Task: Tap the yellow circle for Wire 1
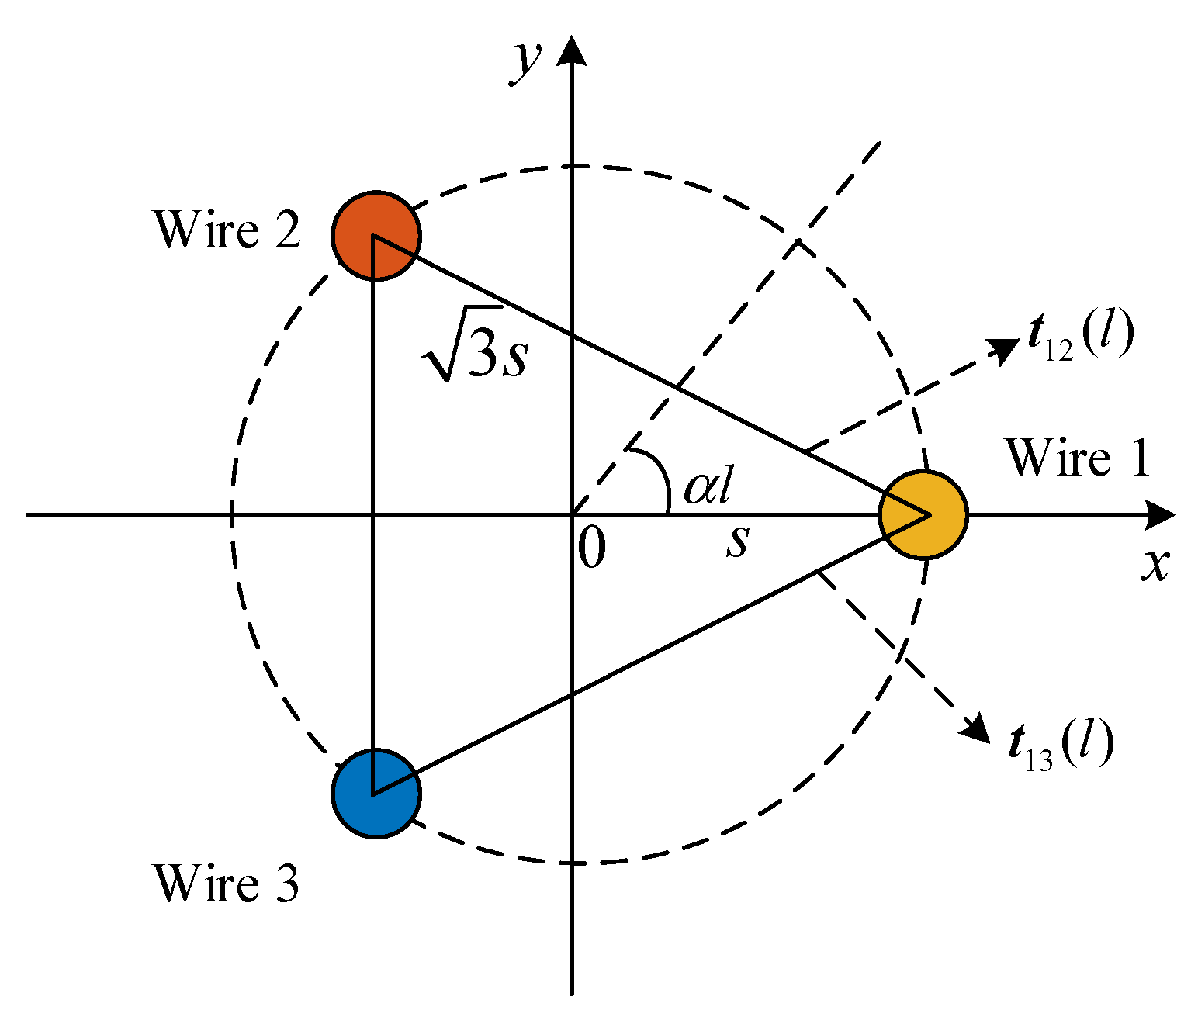pyautogui.click(x=923, y=514)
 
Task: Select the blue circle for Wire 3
pyautogui.click(x=376, y=793)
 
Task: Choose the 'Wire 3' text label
pyautogui.click(x=226, y=883)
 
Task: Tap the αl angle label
pyautogui.click(x=708, y=487)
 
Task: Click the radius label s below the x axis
pyautogui.click(x=738, y=540)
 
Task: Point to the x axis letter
pyautogui.click(x=1155, y=565)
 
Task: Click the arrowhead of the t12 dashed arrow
pyautogui.click(x=1005, y=349)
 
